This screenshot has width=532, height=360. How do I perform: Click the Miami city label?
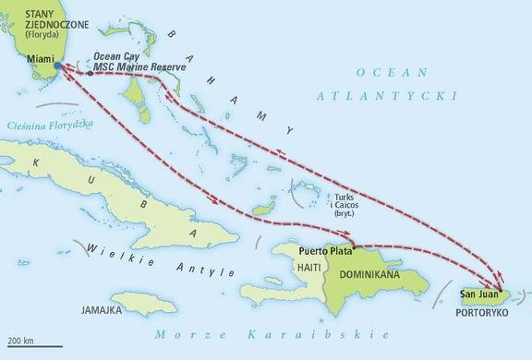click(40, 58)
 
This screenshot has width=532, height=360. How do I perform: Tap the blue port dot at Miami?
click(58, 67)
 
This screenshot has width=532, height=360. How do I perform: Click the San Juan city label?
click(480, 295)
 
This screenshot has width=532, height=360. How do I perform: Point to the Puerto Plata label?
click(325, 250)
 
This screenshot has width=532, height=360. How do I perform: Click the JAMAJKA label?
click(103, 309)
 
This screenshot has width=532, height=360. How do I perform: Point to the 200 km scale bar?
click(31, 345)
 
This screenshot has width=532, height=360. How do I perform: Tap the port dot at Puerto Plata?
click(353, 247)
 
